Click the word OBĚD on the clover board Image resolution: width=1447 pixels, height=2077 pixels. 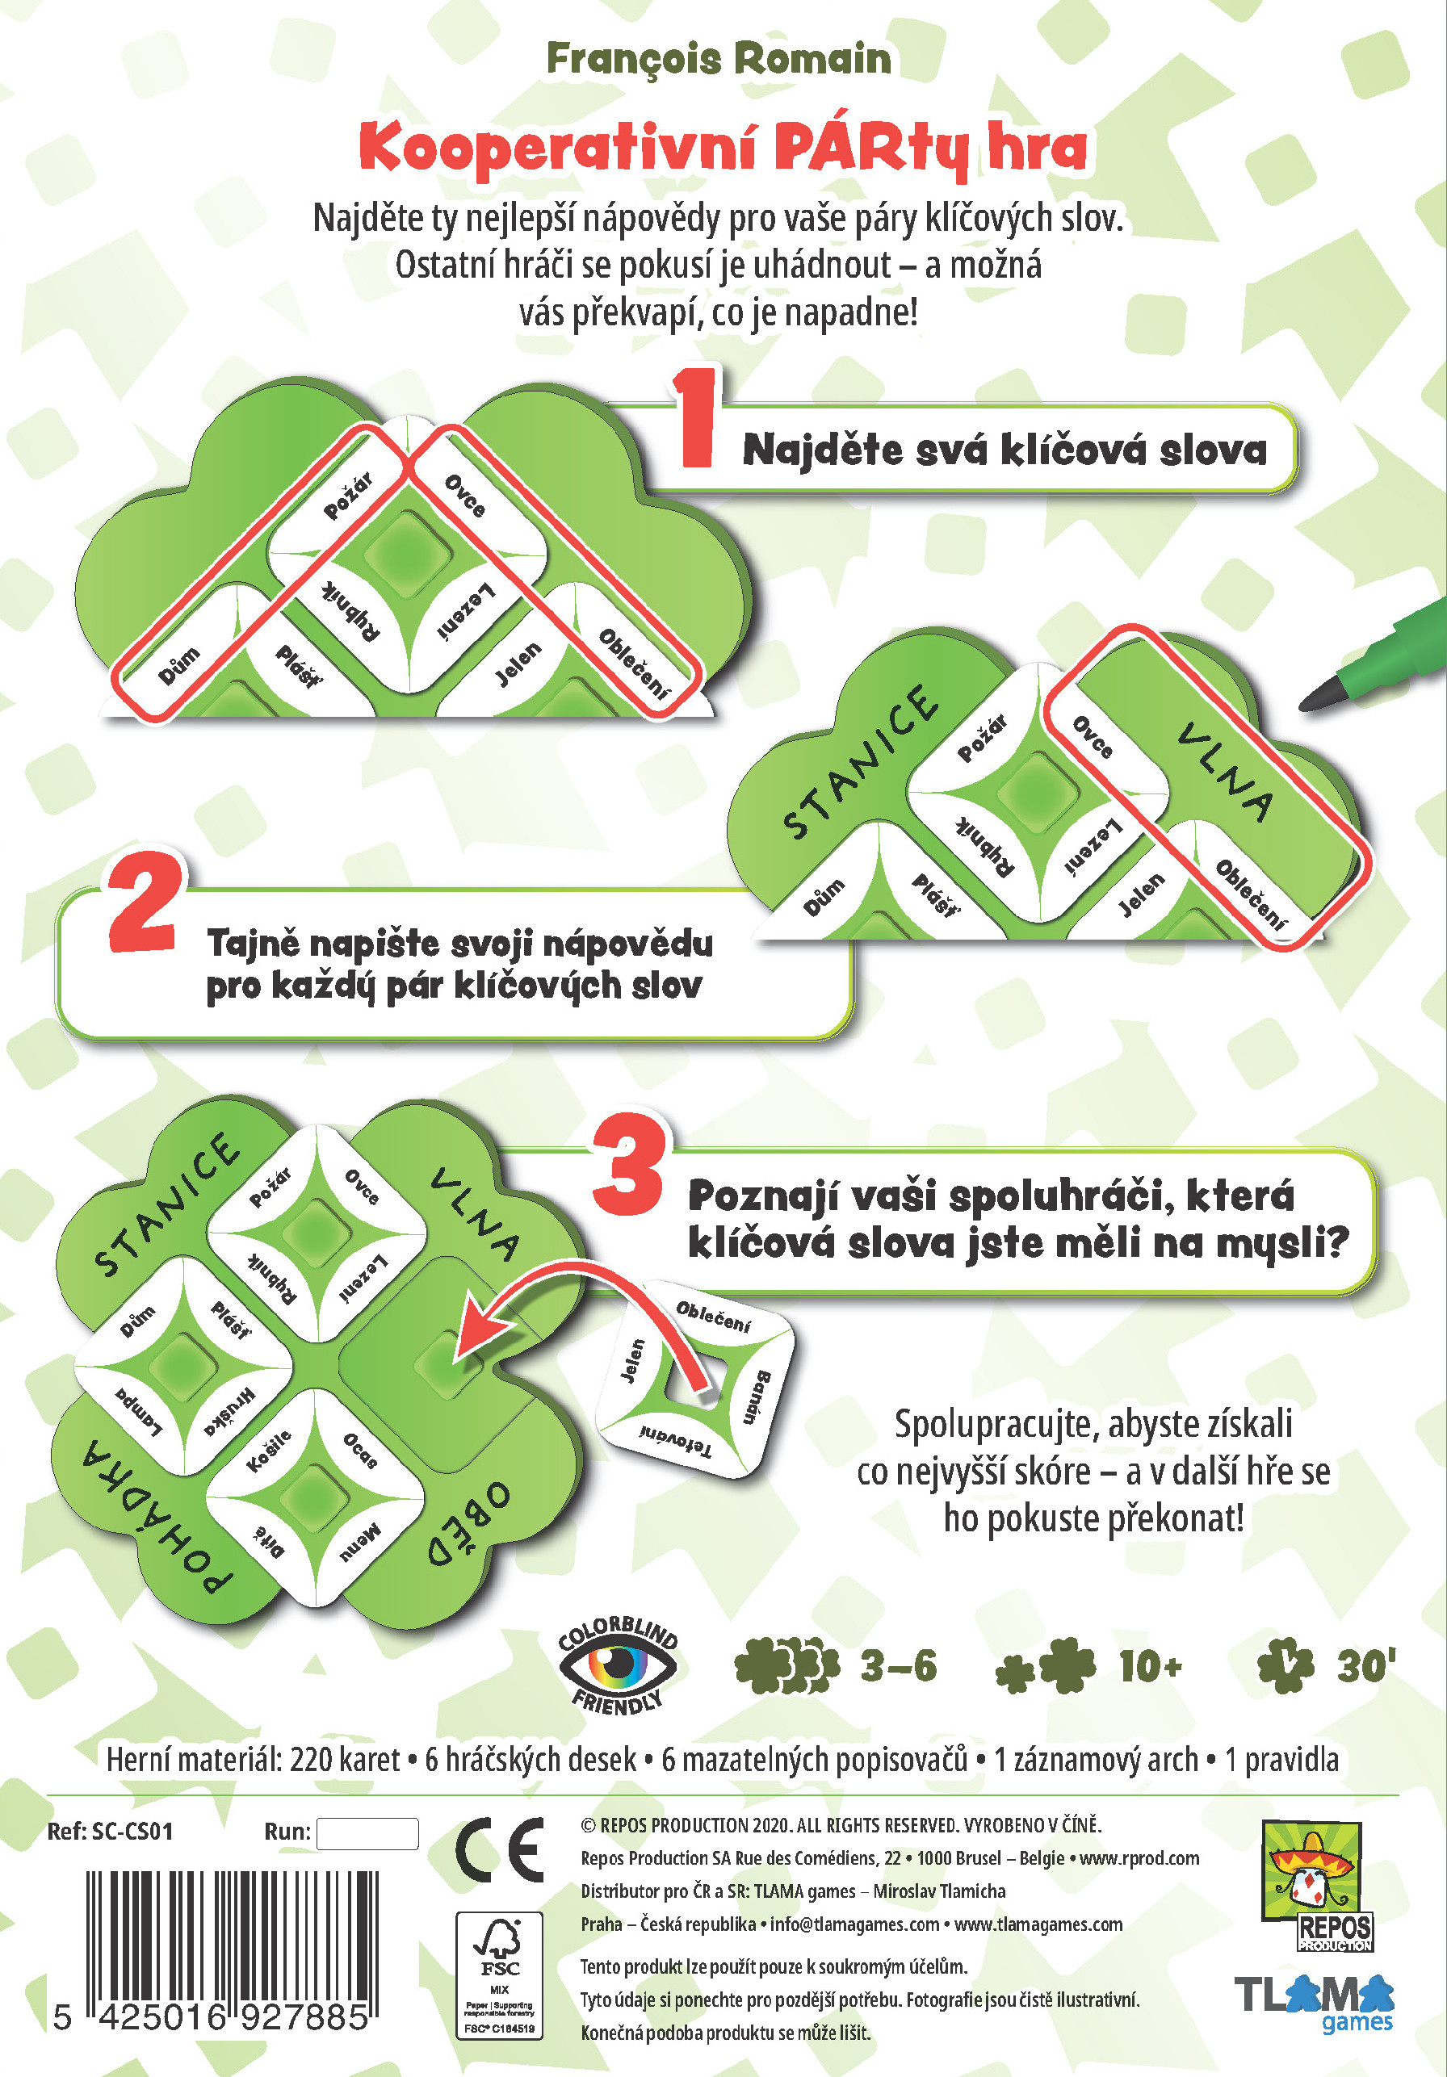[x=469, y=1528]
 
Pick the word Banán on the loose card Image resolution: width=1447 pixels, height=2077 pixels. [x=757, y=1397]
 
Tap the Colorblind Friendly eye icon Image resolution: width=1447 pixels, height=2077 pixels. [x=618, y=1665]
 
